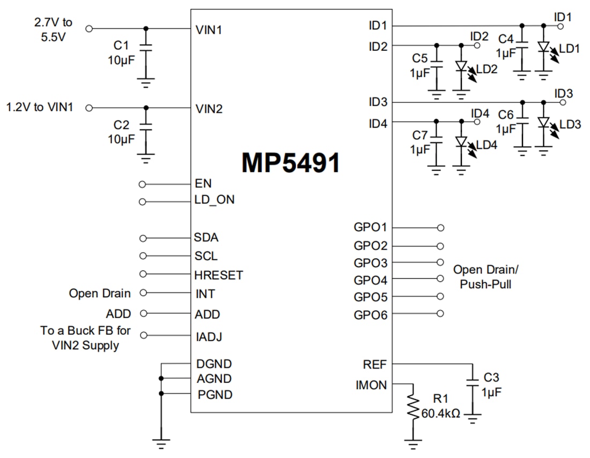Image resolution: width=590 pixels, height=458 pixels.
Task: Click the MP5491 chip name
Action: click(x=291, y=163)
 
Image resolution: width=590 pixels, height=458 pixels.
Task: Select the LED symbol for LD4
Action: click(x=460, y=142)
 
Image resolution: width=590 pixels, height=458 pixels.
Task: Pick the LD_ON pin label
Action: click(x=214, y=200)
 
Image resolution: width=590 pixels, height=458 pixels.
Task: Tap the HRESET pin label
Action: click(x=218, y=275)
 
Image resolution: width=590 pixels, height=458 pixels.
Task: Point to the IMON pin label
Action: click(x=371, y=385)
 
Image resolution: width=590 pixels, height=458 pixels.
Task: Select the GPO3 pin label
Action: click(x=370, y=263)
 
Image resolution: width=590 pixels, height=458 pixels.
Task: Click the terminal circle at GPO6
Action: click(x=440, y=314)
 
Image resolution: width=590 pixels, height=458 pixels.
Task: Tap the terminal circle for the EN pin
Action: click(x=142, y=184)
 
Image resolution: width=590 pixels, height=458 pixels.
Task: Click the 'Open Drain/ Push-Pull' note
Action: click(x=486, y=276)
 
